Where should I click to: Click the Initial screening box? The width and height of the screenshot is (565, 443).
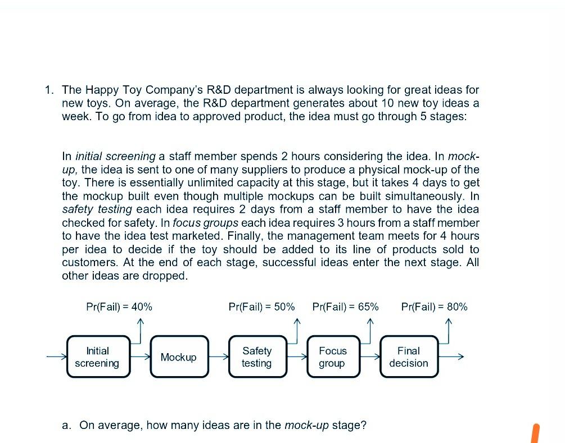point(97,357)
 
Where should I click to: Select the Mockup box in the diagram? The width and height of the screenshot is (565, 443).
point(178,357)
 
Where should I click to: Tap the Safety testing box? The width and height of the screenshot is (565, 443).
point(256,357)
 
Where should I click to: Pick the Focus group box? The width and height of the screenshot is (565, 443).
point(332,357)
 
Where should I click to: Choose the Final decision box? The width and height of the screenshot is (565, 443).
point(409,357)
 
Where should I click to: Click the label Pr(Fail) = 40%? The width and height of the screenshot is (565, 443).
point(119,307)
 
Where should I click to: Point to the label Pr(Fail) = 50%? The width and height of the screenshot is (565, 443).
point(261,307)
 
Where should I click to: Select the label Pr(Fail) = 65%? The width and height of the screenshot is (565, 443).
point(345,307)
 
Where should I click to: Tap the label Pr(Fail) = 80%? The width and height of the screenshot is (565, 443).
point(435,307)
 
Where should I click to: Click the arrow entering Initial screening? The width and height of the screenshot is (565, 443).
point(56,357)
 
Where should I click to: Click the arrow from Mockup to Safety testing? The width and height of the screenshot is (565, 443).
point(219,357)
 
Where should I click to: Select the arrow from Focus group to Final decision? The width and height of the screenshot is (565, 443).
point(370,357)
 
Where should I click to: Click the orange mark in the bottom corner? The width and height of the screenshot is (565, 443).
point(535,433)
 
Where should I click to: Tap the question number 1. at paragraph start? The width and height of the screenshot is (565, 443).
point(50,90)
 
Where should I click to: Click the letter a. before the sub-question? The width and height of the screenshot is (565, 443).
point(67,425)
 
